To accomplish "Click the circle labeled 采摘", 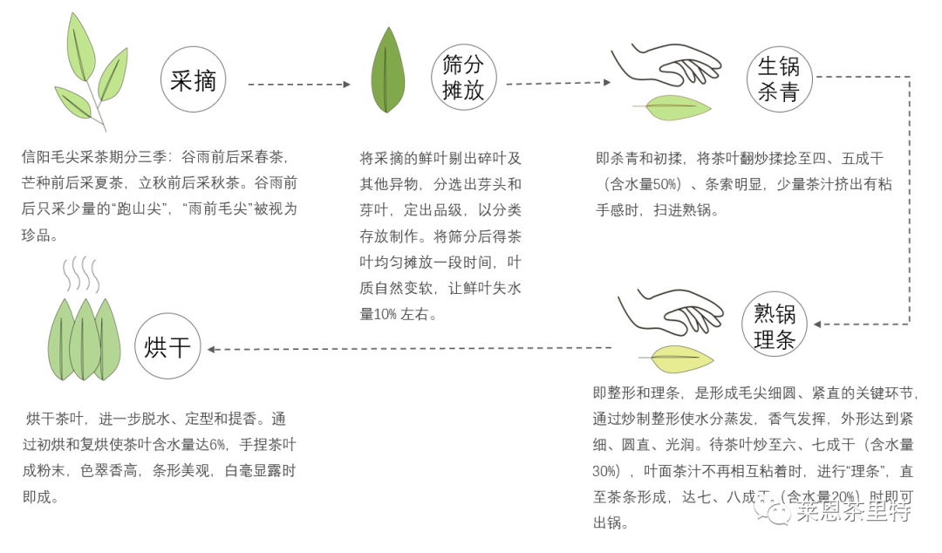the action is (x=194, y=82).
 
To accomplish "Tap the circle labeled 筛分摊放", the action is (x=463, y=79).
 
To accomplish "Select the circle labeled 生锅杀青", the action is (x=779, y=79).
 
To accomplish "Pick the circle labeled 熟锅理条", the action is (x=775, y=326).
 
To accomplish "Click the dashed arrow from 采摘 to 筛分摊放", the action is (x=298, y=85).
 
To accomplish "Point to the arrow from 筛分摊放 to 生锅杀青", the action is (x=558, y=84).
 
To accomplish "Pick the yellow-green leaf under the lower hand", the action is (x=676, y=358).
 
